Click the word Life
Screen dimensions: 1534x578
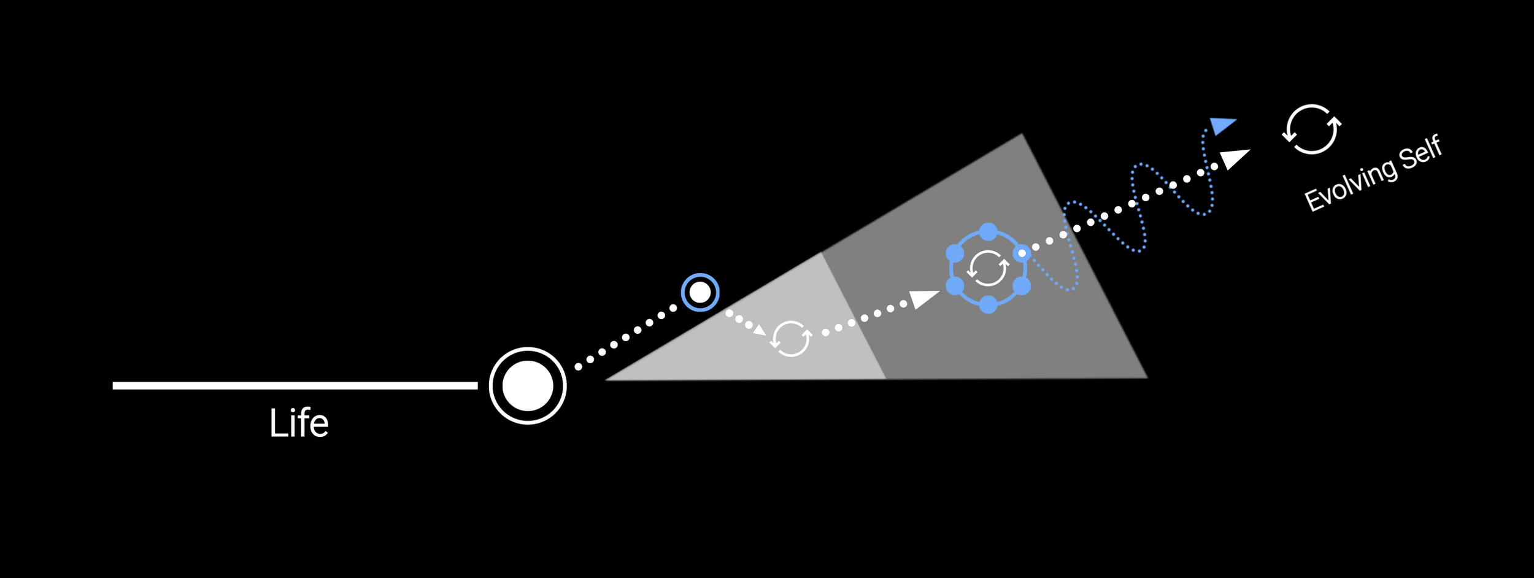(299, 423)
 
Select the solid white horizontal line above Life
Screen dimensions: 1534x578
(295, 385)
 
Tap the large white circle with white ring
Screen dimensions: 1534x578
(528, 385)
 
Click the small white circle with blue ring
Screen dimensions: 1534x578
(700, 292)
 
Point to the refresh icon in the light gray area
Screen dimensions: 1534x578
(791, 338)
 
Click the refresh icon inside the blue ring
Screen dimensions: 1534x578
(988, 268)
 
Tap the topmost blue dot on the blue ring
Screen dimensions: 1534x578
(989, 232)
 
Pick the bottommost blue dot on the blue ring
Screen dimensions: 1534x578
(989, 304)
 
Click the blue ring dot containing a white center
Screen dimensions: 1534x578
(1022, 253)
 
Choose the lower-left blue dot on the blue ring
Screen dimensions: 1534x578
(955, 285)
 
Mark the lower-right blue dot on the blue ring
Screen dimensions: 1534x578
(1022, 285)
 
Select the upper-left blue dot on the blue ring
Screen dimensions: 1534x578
(955, 253)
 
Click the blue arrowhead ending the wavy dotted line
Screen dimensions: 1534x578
(1221, 125)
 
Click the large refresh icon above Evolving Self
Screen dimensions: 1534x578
(1312, 129)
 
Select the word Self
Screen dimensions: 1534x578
(1420, 152)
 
